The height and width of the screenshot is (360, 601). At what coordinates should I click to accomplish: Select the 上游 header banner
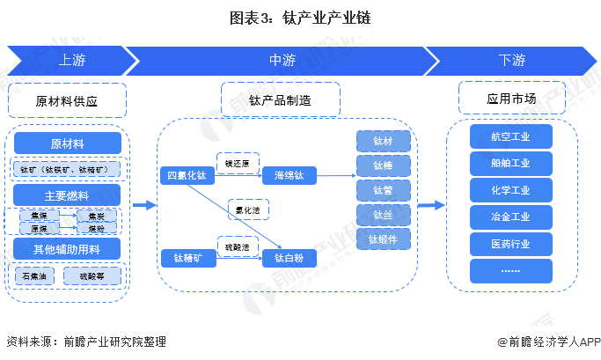(x=70, y=61)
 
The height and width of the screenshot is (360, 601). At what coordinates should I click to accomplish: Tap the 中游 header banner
(x=282, y=61)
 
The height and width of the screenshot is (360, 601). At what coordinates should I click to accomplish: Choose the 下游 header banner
(x=511, y=61)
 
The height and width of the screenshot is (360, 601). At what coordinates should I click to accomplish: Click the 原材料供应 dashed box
(x=67, y=101)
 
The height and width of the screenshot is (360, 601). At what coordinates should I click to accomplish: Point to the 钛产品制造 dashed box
(x=280, y=100)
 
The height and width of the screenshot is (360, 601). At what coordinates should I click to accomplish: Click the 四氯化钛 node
(x=187, y=175)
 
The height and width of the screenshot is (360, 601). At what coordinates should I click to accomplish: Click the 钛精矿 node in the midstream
(x=187, y=258)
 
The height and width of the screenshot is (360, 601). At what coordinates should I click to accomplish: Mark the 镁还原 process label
(x=237, y=163)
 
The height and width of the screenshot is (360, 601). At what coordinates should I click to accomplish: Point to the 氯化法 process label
(x=247, y=210)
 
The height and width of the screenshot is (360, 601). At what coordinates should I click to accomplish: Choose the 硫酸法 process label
(x=237, y=246)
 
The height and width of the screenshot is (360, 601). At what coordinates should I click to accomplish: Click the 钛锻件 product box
(x=384, y=239)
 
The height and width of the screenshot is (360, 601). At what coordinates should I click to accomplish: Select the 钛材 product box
(x=384, y=142)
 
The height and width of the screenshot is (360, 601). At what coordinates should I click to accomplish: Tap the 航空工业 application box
(x=510, y=136)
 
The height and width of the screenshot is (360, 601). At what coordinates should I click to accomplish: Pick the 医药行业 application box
(x=510, y=243)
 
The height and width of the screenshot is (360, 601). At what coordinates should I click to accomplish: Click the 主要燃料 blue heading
(x=67, y=195)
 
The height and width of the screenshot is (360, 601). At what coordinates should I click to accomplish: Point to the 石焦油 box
(x=36, y=276)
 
